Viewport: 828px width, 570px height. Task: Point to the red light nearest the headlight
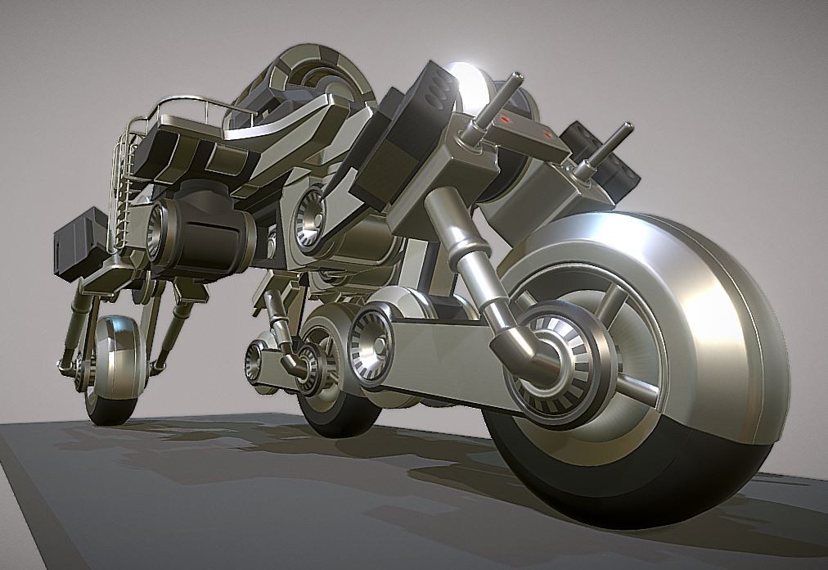[x=506, y=120]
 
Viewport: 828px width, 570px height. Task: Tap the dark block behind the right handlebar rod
[x=605, y=156]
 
